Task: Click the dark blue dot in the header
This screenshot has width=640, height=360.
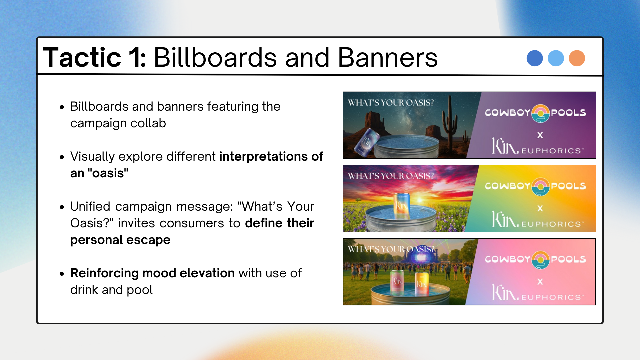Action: (535, 58)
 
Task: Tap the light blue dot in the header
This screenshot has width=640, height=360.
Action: (556, 58)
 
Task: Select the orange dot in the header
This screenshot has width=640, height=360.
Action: (577, 58)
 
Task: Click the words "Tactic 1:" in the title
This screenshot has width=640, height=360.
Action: (95, 57)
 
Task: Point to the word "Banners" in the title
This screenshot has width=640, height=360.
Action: (388, 57)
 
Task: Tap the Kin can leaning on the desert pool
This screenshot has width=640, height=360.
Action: (367, 142)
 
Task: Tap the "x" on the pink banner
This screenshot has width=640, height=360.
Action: (540, 281)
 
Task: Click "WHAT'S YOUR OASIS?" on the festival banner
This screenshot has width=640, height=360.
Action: (391, 249)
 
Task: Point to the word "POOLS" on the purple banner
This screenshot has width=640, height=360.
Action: (568, 113)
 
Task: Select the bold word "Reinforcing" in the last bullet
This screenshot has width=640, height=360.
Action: (106, 273)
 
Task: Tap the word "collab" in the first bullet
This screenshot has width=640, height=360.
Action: (148, 123)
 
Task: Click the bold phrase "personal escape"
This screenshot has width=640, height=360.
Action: (120, 240)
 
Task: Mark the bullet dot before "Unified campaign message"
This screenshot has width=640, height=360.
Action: (62, 207)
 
